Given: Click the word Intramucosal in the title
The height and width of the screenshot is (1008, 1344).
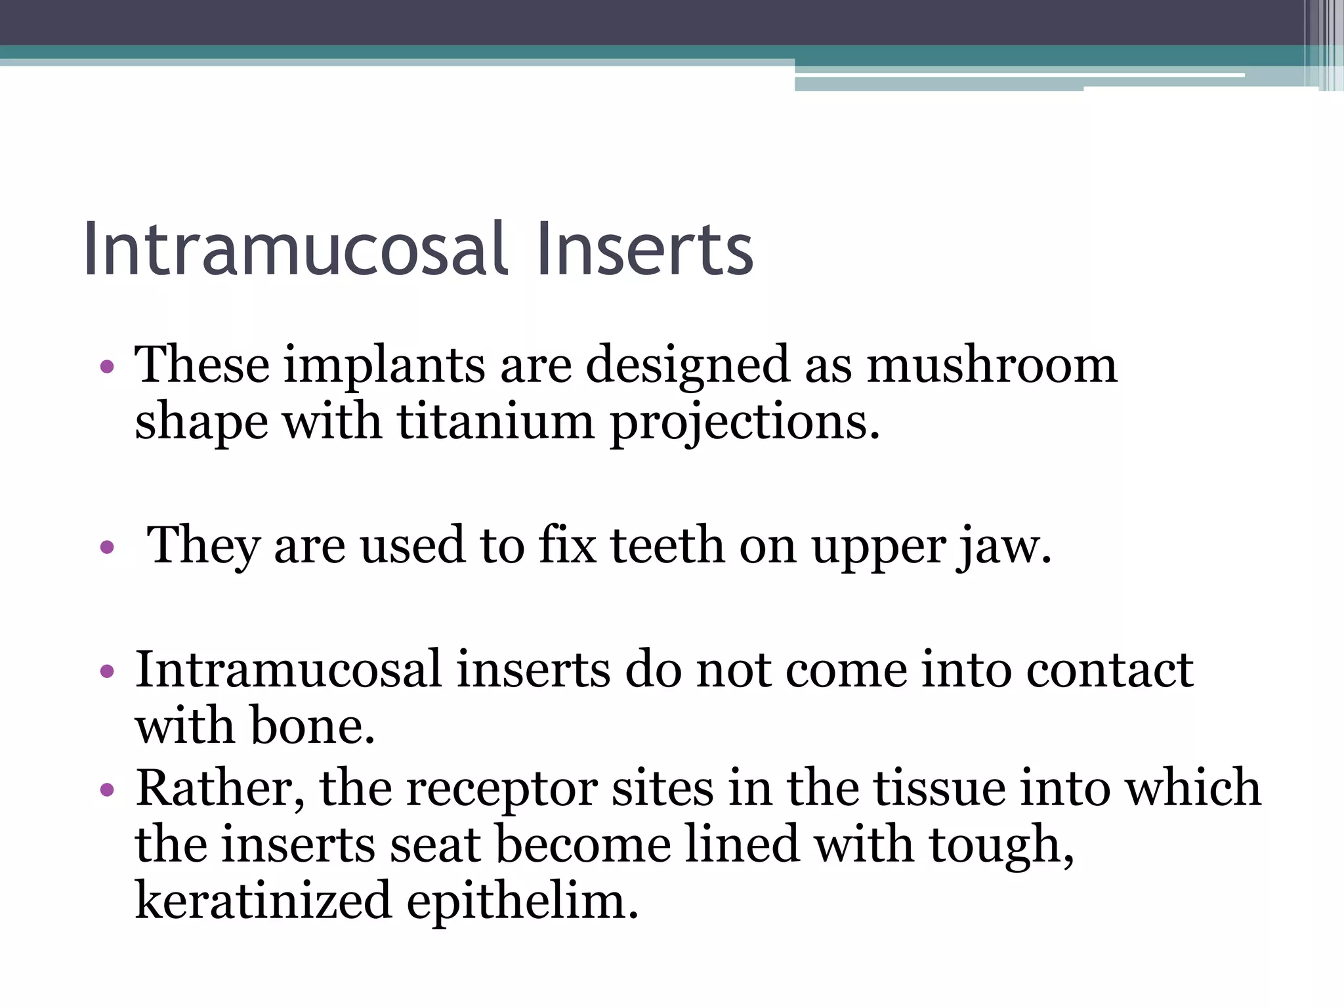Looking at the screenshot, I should pyautogui.click(x=296, y=250).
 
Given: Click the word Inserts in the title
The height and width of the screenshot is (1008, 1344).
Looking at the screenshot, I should pyautogui.click(x=644, y=250).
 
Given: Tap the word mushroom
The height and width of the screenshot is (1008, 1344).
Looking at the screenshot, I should pyautogui.click(x=992, y=365).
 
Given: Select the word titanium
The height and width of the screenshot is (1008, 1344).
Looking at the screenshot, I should pyautogui.click(x=495, y=421).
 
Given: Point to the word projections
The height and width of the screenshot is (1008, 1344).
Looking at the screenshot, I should pyautogui.click(x=744, y=423).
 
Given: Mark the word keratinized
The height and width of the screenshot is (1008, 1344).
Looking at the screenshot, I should pyautogui.click(x=262, y=901).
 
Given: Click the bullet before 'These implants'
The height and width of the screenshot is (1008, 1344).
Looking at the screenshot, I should pyautogui.click(x=107, y=366).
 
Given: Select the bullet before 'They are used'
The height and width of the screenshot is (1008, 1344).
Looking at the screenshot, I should pyautogui.click(x=107, y=547).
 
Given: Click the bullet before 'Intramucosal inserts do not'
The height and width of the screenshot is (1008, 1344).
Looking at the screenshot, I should pyautogui.click(x=107, y=671).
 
